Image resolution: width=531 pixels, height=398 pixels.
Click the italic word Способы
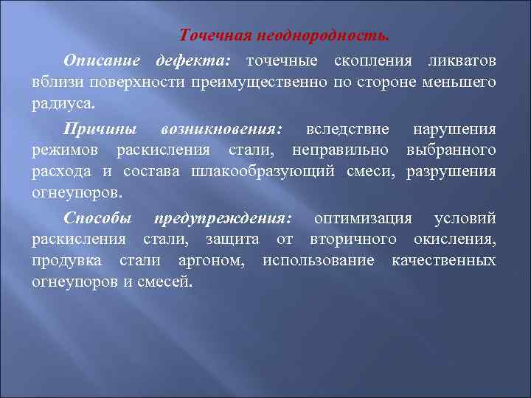pos(97,218)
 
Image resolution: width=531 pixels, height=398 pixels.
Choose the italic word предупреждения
pos(222,218)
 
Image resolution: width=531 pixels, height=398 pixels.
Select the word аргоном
pos(218,261)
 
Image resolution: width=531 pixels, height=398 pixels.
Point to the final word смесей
pos(163,282)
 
